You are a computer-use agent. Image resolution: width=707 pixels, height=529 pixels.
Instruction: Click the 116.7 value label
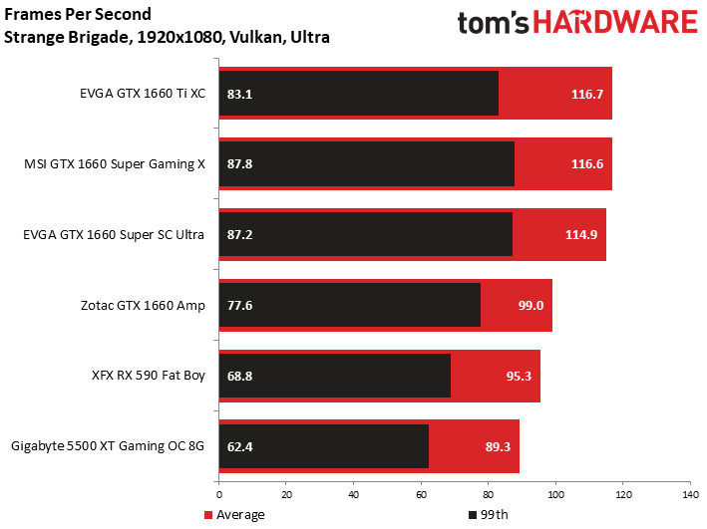[587, 95]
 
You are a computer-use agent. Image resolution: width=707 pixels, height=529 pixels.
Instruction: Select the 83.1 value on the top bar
[239, 95]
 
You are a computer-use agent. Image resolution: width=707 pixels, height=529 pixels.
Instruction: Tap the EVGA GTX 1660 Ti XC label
[143, 94]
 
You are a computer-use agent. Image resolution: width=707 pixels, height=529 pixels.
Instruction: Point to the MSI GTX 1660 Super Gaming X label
[115, 164]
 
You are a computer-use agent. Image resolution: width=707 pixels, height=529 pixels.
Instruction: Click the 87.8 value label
[239, 164]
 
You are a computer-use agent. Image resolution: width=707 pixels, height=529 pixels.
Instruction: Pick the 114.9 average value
[581, 235]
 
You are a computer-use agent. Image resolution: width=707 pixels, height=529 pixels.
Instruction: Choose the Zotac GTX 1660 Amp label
[143, 306]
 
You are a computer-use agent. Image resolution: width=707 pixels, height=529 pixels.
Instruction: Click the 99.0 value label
[530, 306]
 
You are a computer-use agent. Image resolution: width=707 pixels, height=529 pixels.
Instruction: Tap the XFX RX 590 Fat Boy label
[149, 376]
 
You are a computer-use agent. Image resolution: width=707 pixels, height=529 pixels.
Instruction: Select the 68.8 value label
[239, 376]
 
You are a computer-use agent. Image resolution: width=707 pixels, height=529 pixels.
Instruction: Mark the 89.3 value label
[498, 446]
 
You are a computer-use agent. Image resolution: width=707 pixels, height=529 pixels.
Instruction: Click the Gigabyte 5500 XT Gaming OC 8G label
[108, 446]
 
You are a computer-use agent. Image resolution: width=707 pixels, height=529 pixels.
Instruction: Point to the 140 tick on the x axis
[690, 495]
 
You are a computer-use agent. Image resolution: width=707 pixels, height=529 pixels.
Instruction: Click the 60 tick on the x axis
[421, 495]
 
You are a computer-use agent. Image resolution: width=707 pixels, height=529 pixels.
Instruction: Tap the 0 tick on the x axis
[219, 495]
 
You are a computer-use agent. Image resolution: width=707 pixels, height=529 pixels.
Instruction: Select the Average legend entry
[234, 515]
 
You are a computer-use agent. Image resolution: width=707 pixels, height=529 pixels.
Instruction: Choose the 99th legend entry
[489, 515]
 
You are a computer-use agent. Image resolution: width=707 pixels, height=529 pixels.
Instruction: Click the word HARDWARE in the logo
[615, 22]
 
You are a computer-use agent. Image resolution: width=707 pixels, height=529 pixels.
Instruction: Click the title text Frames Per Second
[78, 14]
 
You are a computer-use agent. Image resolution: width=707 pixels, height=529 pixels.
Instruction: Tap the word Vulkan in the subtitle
[256, 37]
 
